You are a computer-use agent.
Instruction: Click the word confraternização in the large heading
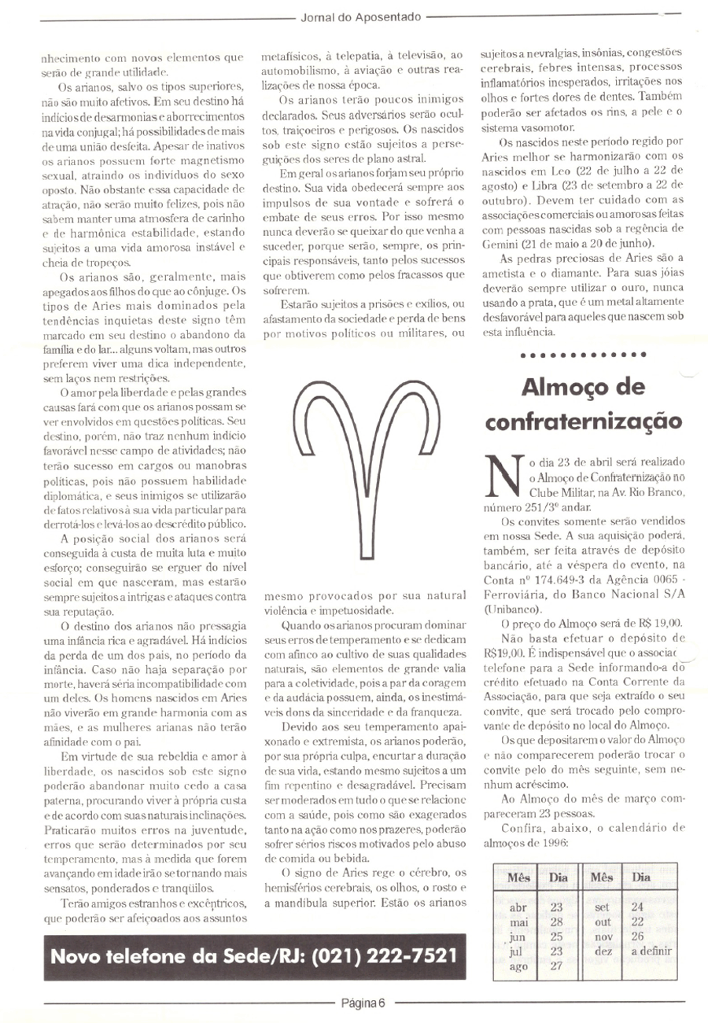pyautogui.click(x=581, y=421)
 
